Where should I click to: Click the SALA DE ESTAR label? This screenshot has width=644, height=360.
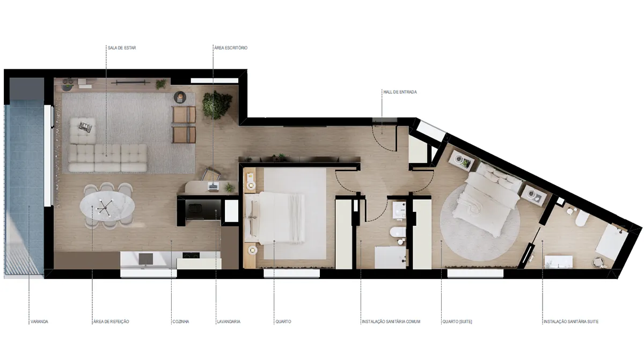click(122, 48)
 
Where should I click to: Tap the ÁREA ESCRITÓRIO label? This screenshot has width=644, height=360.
click(231, 48)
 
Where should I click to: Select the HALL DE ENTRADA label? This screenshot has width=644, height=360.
click(400, 92)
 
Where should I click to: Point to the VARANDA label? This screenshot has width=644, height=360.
click(39, 321)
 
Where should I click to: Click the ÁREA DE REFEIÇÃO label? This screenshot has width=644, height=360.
click(111, 321)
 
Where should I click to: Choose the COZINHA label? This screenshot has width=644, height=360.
click(181, 321)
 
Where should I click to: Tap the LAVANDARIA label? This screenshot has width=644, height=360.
click(229, 321)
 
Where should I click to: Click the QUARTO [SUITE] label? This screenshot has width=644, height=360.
click(457, 321)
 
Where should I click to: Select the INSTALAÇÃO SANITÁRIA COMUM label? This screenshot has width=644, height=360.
click(391, 321)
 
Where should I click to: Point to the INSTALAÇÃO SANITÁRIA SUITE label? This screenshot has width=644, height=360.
click(571, 321)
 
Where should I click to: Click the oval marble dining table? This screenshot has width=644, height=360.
click(107, 205)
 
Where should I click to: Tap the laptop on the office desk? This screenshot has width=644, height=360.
click(213, 186)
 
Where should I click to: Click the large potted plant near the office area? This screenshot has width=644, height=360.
click(217, 105)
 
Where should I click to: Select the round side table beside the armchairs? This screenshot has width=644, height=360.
click(180, 97)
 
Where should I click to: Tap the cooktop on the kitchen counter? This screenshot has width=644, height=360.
click(191, 255)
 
